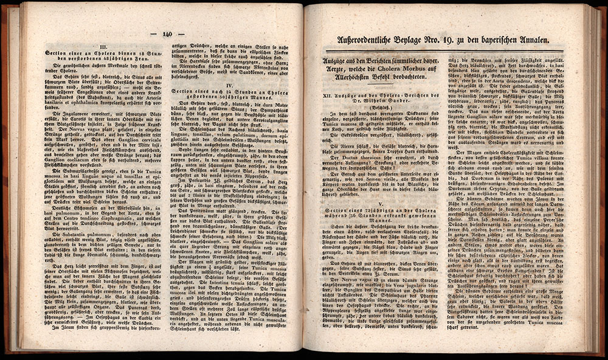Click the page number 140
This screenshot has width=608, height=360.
169,34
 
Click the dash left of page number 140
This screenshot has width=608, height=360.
153,35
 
